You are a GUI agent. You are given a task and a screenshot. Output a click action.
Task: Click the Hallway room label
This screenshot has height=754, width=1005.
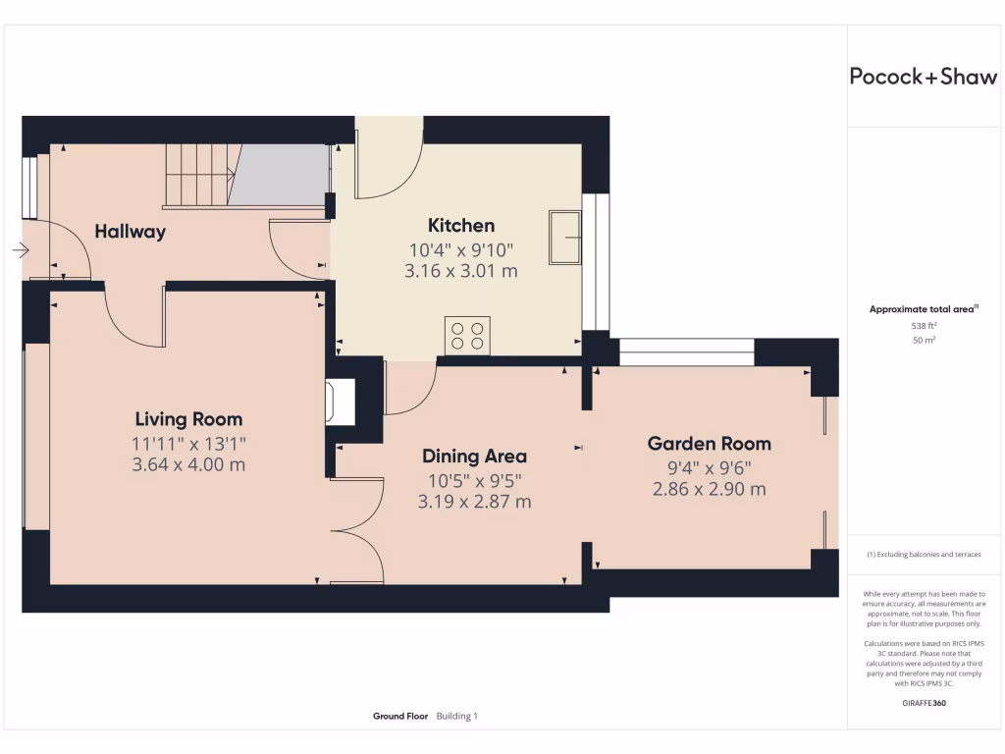[131, 232]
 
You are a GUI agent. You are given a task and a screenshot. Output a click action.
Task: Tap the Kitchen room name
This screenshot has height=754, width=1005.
[461, 226]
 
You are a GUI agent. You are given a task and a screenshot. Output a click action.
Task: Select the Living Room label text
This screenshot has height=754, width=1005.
[188, 419]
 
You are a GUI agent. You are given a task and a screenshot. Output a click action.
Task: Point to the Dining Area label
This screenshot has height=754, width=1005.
[474, 457]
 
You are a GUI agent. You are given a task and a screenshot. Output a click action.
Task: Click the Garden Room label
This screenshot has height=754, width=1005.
[709, 444]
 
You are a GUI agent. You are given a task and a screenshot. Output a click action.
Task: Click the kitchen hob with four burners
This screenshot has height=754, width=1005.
[467, 336]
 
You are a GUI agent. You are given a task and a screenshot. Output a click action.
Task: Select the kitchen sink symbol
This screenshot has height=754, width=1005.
[564, 238]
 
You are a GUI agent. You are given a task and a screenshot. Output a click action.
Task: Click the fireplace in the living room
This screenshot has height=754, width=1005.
[341, 402]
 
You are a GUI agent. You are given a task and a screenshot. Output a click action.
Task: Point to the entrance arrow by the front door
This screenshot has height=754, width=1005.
[21, 250]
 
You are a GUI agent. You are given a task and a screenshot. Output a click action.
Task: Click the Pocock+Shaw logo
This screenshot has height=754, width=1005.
[923, 77]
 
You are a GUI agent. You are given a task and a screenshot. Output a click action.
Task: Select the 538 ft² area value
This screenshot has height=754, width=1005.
[924, 326]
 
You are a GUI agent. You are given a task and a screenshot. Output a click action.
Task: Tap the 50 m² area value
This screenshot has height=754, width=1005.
[924, 340]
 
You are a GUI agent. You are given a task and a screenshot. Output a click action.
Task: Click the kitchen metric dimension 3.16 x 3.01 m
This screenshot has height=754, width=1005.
[461, 271]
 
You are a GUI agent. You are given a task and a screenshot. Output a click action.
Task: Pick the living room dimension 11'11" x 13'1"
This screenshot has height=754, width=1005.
[188, 444]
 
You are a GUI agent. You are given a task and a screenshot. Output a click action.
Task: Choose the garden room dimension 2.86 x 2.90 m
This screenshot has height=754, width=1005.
[709, 489]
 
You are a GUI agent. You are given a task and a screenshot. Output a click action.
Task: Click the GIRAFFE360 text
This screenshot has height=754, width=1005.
[924, 703]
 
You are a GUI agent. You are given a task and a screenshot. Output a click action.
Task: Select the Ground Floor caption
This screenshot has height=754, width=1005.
[400, 716]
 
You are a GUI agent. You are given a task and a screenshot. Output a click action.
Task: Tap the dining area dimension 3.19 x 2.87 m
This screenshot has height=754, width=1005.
[474, 502]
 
